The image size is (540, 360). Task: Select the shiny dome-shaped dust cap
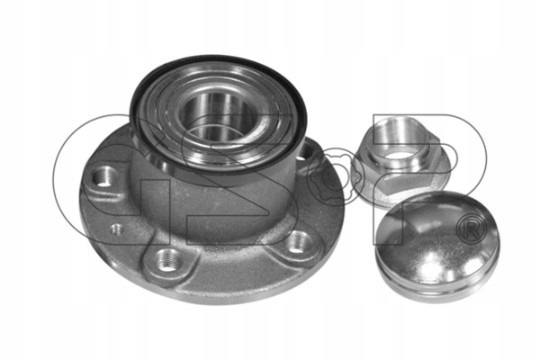436,246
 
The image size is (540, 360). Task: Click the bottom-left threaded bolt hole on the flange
168,260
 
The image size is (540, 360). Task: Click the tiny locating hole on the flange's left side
117,229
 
